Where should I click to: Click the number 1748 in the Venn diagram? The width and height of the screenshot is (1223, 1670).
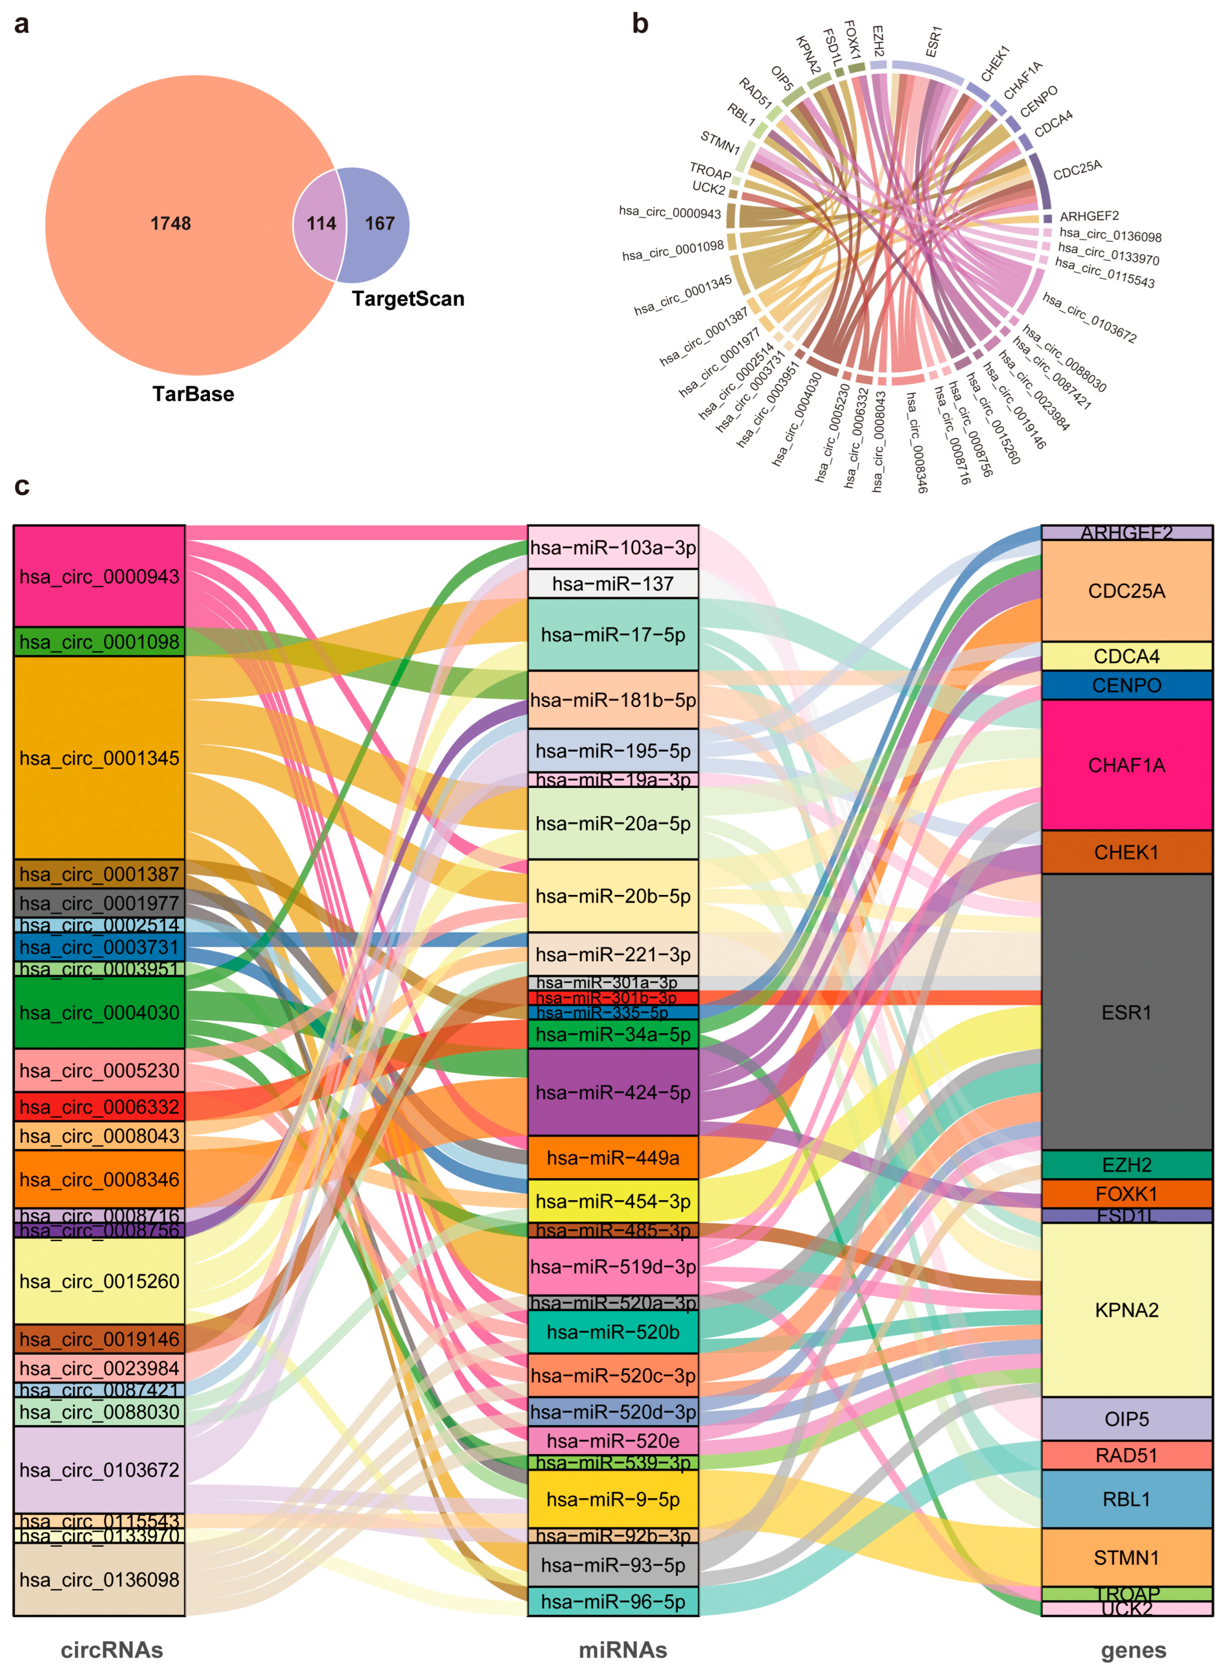(x=170, y=223)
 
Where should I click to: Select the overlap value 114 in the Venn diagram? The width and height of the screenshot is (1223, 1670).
(x=321, y=223)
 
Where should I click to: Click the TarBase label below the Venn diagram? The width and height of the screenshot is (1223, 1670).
(x=193, y=394)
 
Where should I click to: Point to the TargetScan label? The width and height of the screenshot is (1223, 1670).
(x=408, y=299)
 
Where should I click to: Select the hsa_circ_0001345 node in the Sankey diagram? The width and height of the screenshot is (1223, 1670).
(x=99, y=758)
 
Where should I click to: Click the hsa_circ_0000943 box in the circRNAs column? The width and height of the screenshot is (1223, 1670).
(x=99, y=577)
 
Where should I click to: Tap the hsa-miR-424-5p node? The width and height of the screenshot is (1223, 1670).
(x=613, y=1092)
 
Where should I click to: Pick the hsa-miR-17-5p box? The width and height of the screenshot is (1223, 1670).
(x=613, y=634)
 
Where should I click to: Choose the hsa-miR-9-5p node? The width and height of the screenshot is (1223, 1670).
(x=613, y=1499)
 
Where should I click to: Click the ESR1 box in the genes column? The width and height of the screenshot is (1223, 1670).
(x=1126, y=1012)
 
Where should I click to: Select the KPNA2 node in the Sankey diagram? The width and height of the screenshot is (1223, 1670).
(x=1126, y=1309)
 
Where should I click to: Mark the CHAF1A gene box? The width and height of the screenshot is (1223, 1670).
(x=1126, y=765)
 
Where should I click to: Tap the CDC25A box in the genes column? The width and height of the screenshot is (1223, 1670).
(x=1126, y=591)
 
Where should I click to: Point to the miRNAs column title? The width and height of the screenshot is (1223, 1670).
(x=623, y=1650)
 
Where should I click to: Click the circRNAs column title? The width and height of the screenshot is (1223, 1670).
(x=112, y=1650)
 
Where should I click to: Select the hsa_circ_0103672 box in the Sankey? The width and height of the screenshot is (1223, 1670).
(x=99, y=1469)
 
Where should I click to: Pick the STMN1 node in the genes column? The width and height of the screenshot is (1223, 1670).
(x=1126, y=1558)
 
